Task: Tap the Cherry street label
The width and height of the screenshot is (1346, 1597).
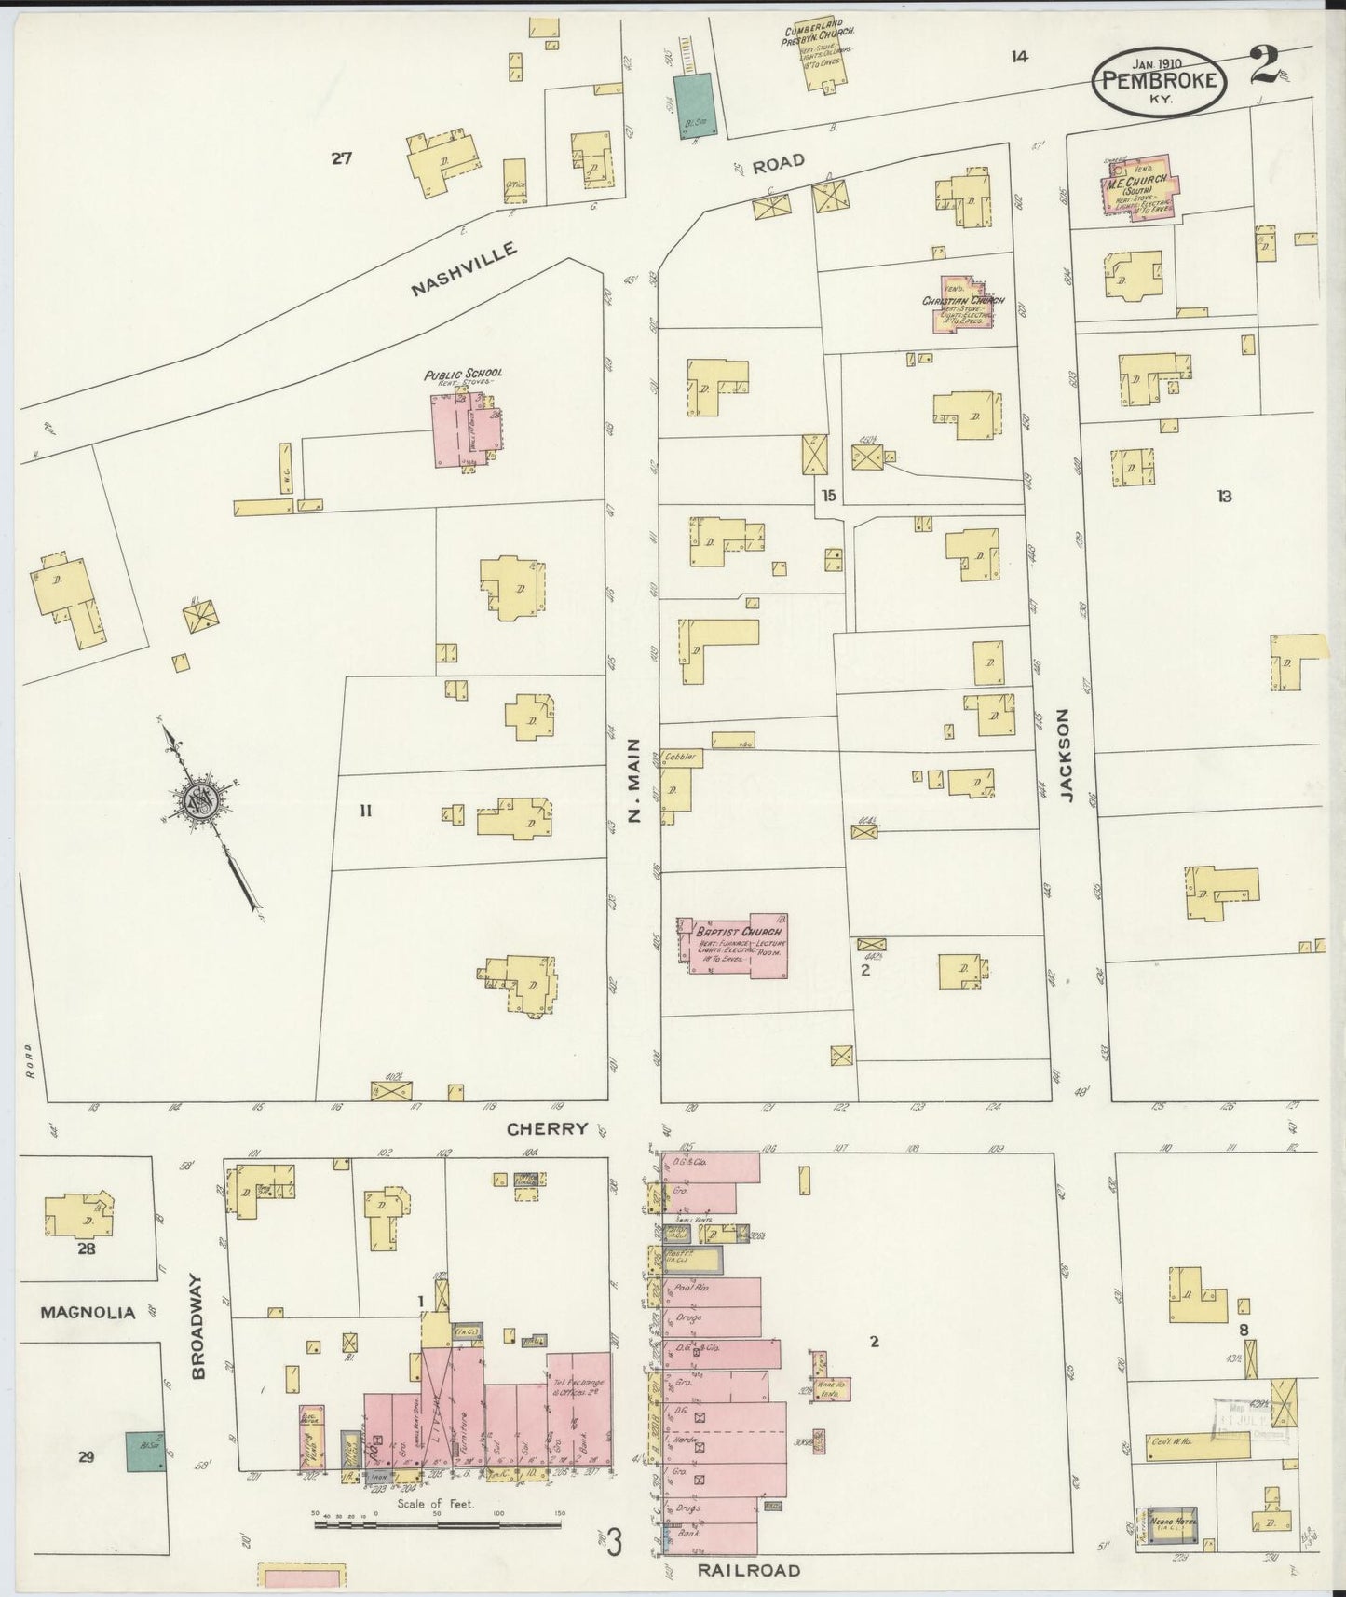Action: click(x=547, y=1128)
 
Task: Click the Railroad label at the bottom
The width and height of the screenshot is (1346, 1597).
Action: click(x=748, y=1570)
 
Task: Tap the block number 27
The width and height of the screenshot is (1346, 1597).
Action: click(x=341, y=158)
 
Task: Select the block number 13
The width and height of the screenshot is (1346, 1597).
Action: click(x=1223, y=497)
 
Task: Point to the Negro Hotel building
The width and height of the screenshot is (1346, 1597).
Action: click(x=1172, y=1522)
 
